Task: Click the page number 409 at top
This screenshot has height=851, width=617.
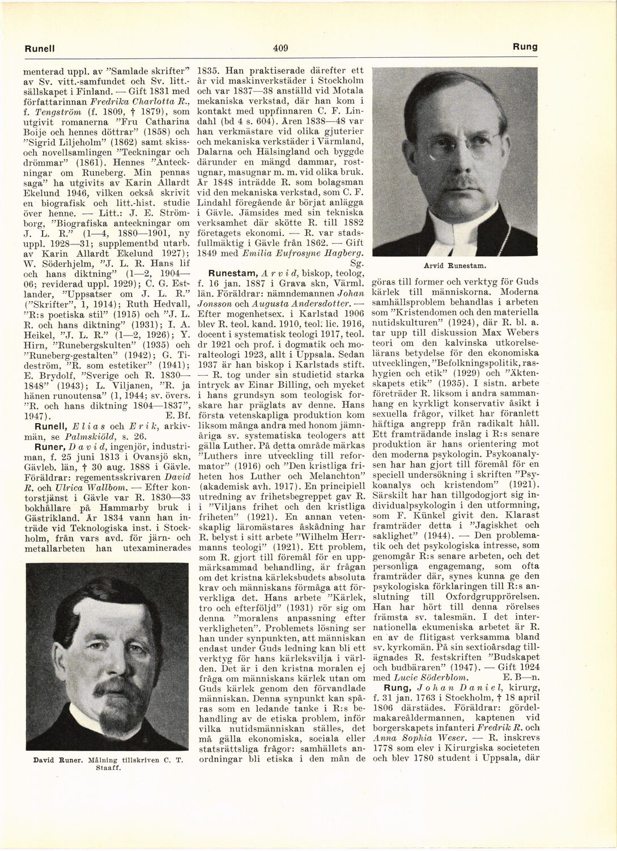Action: coord(280,48)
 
